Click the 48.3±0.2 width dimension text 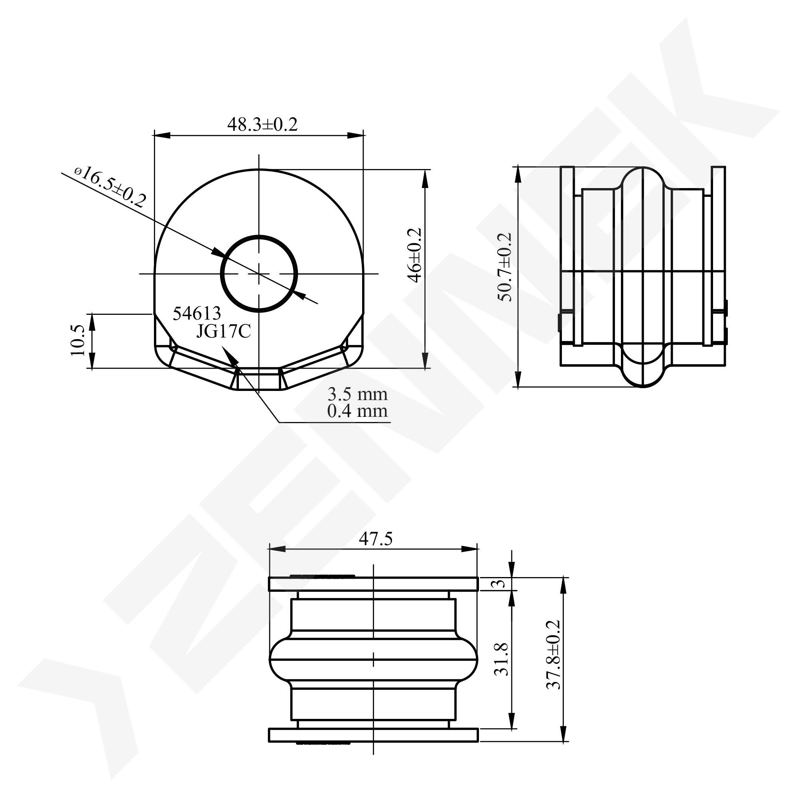[x=262, y=124]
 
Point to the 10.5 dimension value [x=78, y=340]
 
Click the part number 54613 [x=197, y=314]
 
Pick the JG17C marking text [x=223, y=332]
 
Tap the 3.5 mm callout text [x=357, y=395]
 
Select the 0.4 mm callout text [x=357, y=411]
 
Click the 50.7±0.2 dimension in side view [x=505, y=267]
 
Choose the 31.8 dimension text [x=501, y=659]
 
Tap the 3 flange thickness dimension [x=500, y=584]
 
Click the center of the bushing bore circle [x=259, y=274]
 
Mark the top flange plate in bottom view [x=373, y=584]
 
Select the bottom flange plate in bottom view [x=373, y=735]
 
